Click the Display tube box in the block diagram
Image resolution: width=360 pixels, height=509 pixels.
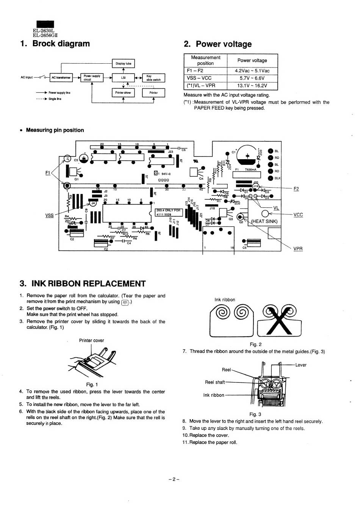[123, 64]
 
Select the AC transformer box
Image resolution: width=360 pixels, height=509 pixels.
[61, 78]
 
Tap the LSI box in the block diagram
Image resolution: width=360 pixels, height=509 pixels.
[123, 78]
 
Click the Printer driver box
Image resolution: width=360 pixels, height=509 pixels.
[123, 92]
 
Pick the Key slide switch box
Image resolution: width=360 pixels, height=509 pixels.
[153, 78]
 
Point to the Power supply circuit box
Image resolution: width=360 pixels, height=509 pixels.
[92, 78]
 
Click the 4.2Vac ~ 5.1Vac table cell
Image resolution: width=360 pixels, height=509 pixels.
[252, 71]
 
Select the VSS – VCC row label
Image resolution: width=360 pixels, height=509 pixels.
[199, 78]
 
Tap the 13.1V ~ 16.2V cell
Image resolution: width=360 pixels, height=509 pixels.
[252, 86]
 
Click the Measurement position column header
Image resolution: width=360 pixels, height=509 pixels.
[205, 60]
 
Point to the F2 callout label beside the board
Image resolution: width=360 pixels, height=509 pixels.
[296, 189]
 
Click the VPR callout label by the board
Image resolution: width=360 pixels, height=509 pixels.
[298, 249]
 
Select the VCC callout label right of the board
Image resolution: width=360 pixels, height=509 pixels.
[298, 215]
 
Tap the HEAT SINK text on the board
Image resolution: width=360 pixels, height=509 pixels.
[265, 221]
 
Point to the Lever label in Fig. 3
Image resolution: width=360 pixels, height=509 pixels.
[301, 365]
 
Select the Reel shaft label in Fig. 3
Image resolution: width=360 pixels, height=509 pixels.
[215, 382]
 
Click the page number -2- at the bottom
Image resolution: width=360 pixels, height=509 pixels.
[174, 479]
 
